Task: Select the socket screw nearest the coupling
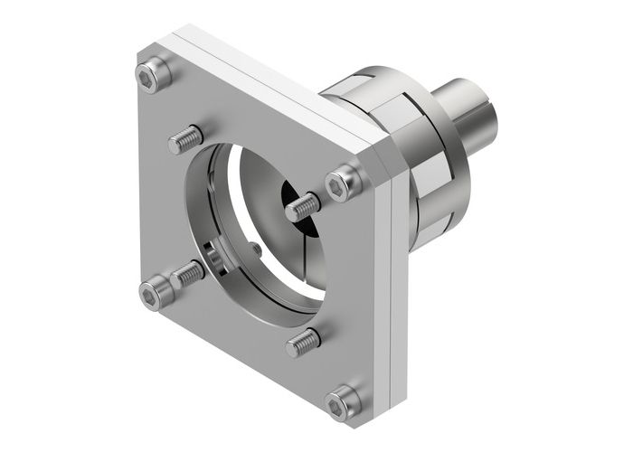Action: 344,183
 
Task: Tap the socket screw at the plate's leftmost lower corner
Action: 154,295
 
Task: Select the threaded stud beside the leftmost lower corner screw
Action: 189,272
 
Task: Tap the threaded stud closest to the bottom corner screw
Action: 303,342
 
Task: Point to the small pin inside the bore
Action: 258,248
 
